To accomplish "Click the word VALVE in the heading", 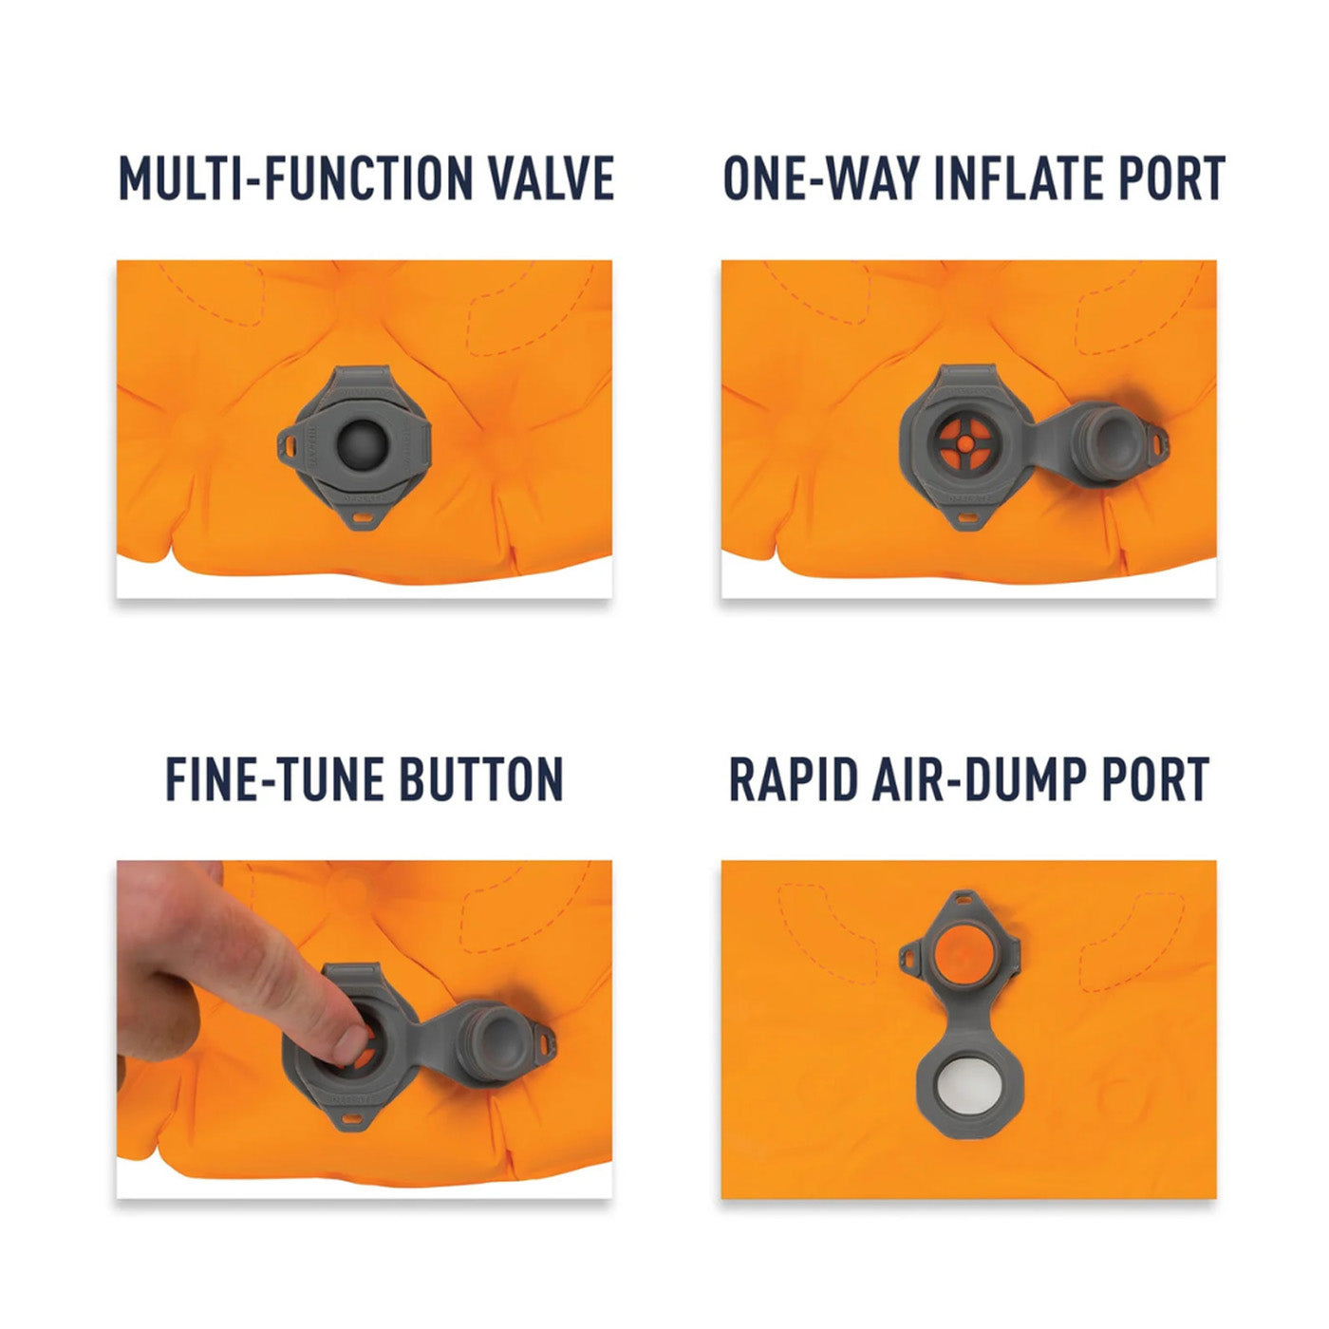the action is click(x=551, y=178).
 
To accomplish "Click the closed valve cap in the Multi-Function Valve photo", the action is click(x=362, y=443).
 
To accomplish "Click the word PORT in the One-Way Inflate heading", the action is click(x=1171, y=178).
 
